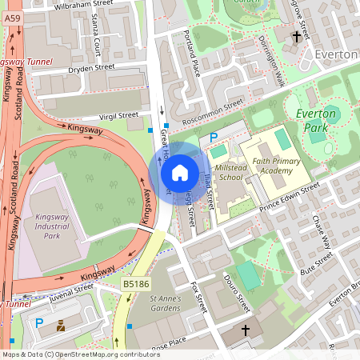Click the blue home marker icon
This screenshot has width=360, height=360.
pyautogui.click(x=179, y=173)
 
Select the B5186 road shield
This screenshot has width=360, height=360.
pyautogui.click(x=134, y=284)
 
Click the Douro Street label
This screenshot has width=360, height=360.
pyautogui.click(x=236, y=294)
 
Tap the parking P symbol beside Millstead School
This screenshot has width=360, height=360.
pyautogui.click(x=213, y=138)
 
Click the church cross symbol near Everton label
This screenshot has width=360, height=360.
pyautogui.click(x=297, y=36)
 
